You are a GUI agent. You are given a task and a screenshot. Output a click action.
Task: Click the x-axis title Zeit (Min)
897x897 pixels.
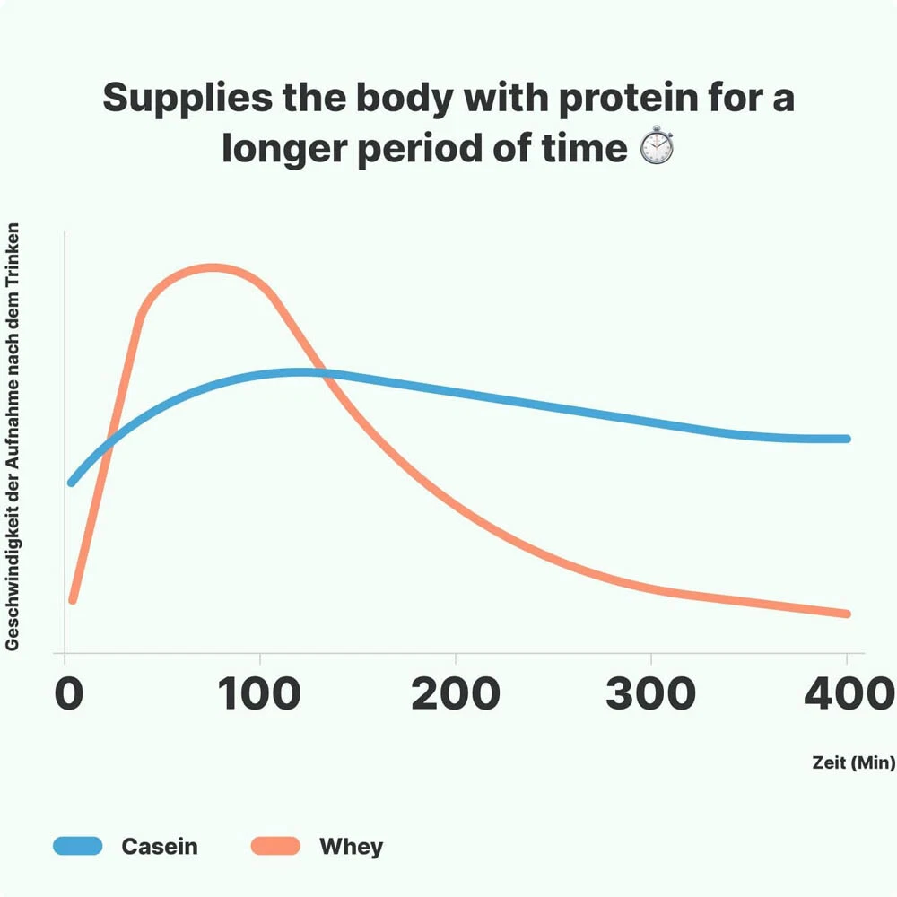[x=853, y=763]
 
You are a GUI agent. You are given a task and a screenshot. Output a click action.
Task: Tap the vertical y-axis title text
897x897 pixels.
[x=13, y=438]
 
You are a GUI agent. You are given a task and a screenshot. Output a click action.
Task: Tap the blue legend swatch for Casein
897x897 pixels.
[x=78, y=846]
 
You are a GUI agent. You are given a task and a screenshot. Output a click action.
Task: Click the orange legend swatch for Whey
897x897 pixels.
[x=274, y=846]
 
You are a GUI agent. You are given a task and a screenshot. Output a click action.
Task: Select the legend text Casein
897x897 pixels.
[x=160, y=846]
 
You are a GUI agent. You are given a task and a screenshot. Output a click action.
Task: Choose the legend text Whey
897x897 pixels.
[x=351, y=846]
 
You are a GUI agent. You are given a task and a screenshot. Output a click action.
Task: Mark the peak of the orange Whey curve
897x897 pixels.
[x=212, y=268]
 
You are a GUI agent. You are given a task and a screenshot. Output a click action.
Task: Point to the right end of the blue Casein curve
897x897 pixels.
[x=845, y=439]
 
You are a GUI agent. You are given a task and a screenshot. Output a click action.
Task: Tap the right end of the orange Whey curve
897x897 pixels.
[x=845, y=614]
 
